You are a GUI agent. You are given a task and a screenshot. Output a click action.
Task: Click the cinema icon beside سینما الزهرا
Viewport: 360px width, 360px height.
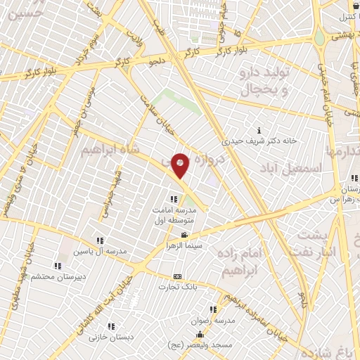(x=184, y=235)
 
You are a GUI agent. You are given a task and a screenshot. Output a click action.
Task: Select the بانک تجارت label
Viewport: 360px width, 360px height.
(x=177, y=286)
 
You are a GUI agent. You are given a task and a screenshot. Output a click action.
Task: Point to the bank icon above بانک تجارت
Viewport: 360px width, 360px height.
(x=177, y=277)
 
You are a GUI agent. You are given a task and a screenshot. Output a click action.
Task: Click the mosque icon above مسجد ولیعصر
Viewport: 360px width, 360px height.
(x=200, y=334)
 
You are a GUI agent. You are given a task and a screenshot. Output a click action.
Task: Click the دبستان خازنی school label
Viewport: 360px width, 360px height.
(x=110, y=337)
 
